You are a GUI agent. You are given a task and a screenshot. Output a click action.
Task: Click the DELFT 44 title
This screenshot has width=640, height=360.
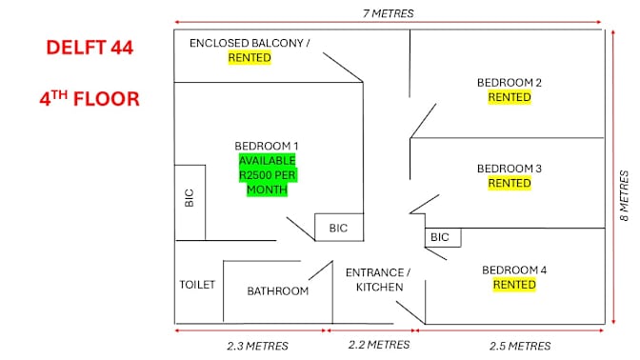90,48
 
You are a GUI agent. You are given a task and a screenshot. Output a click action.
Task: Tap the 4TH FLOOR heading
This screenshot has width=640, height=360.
90,99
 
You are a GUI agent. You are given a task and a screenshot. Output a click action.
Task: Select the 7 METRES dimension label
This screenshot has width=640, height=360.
389,13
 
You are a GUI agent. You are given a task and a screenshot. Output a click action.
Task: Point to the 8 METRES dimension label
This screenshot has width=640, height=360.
624,196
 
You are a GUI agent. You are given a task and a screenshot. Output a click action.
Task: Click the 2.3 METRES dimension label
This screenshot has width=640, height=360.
257,346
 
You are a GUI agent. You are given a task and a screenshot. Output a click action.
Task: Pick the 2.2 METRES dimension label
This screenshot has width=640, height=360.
379,345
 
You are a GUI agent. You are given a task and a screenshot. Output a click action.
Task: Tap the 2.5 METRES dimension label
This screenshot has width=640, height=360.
520,346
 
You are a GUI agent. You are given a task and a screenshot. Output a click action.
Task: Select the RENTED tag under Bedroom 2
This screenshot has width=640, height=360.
510,97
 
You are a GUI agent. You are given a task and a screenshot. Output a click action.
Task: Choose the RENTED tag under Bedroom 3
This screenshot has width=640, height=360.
510,183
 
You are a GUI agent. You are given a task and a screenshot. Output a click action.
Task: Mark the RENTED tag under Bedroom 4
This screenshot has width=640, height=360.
514,285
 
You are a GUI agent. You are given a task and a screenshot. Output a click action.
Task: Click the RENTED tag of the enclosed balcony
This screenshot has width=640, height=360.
250,57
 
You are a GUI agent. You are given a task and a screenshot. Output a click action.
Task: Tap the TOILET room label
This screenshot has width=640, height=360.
197,285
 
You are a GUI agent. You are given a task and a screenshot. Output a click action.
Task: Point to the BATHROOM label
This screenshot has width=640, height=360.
277,291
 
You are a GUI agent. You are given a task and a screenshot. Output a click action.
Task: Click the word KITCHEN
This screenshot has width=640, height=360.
380,287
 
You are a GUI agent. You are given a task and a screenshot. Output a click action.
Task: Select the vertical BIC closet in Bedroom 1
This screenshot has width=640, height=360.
190,203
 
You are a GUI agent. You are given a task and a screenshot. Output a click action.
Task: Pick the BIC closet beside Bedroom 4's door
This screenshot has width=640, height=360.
443,237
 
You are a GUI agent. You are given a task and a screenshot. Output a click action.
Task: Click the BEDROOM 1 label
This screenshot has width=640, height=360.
266,146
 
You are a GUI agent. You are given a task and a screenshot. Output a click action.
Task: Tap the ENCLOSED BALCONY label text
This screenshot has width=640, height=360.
250,43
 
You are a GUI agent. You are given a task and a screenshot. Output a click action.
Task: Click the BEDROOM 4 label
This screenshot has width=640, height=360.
514,270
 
